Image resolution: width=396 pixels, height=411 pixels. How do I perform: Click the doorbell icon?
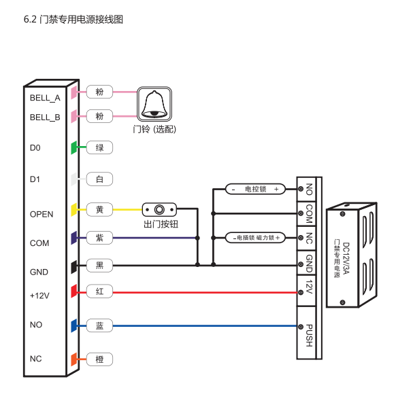pos(154,104)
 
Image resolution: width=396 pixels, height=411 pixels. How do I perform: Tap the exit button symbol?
pos(159,209)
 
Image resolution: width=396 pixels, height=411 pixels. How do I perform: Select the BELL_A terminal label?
pos(45,98)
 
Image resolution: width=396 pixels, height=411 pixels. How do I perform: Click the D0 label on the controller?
pos(35,148)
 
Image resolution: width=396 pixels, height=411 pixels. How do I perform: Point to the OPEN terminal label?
pos(42,215)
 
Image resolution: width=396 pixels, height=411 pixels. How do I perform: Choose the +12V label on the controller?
pos(39,296)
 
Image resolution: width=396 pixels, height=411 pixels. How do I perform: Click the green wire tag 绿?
pos(99,147)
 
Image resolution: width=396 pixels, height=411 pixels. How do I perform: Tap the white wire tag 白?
pos(99,179)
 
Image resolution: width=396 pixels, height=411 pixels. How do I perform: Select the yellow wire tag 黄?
pos(99,210)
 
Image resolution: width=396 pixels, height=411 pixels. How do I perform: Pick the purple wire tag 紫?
pos(99,238)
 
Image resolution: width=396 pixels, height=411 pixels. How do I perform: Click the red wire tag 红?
pos(99,291)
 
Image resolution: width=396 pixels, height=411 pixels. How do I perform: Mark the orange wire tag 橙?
pos(99,359)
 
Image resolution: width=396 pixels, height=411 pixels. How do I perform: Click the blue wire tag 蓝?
pos(99,326)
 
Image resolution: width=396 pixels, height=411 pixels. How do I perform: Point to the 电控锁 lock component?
pos(255,189)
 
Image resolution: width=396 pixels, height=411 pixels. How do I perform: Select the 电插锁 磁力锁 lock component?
pos(255,238)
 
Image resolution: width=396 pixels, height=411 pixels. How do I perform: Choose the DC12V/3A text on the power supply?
pos(346,258)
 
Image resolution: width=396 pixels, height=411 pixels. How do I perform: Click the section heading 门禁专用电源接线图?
pos(81,20)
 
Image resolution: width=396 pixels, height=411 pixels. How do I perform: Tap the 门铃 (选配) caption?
pos(154,129)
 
